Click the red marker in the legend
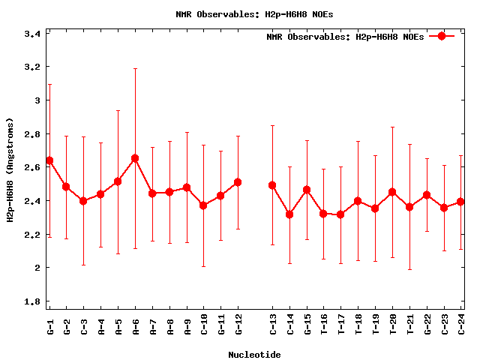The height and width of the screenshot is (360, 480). tap(442, 36)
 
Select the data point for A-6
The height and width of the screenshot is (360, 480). tap(135, 158)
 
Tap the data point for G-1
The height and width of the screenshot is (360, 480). tap(49, 160)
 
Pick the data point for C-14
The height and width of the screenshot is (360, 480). tap(289, 214)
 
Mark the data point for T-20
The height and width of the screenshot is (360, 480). tap(392, 192)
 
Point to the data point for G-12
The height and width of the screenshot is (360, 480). tap(238, 182)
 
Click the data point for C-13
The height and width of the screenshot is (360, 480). tap(272, 185)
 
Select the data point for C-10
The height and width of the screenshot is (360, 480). tap(203, 205)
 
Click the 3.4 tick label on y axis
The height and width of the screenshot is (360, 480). tap(32, 34)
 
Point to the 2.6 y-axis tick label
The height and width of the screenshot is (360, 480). tap(32, 167)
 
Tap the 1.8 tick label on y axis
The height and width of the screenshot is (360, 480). tap(32, 301)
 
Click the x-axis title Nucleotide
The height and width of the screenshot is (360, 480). tap(255, 353)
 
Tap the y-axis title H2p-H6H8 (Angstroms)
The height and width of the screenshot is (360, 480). tap(10, 170)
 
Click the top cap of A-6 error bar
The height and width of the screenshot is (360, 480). tap(135, 68)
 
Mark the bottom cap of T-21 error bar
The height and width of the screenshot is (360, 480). tap(409, 269)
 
